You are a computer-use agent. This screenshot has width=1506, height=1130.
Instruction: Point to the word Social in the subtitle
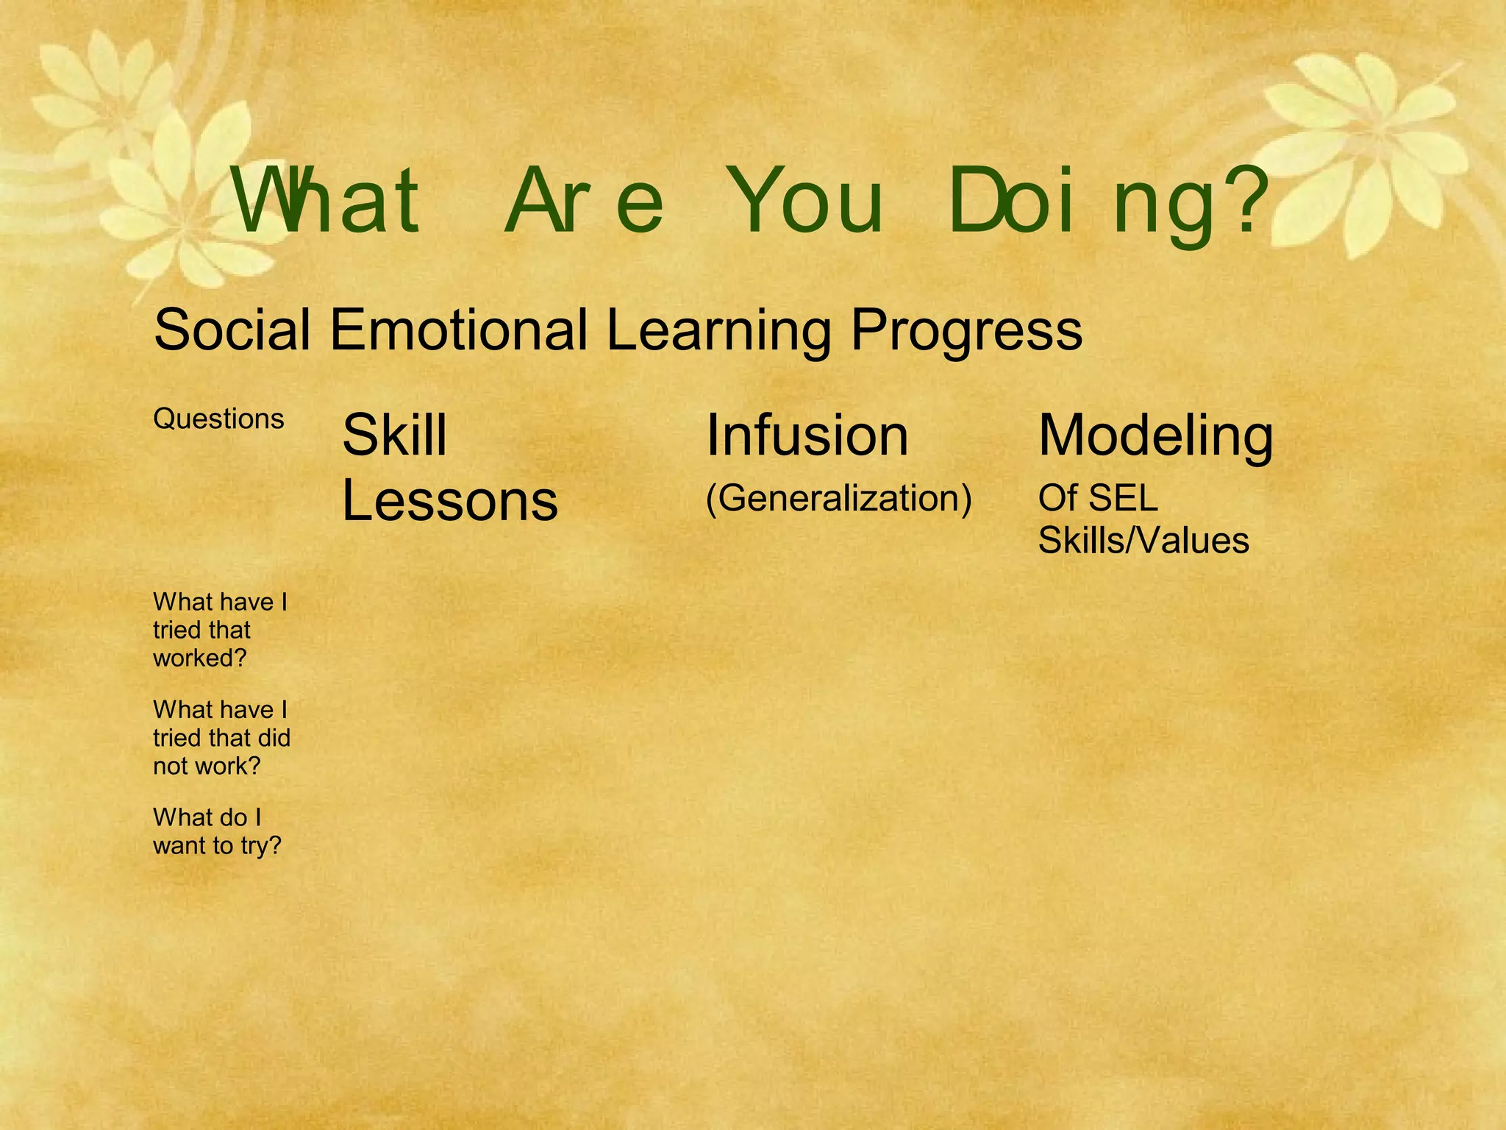232,330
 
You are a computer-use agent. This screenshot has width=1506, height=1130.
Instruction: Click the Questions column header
218,419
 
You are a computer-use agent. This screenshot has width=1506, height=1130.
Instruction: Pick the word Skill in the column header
394,435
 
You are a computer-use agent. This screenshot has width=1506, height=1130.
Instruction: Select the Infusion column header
807,435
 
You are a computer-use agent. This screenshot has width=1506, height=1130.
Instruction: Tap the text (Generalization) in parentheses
838,498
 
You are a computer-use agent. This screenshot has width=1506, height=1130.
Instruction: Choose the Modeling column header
1155,435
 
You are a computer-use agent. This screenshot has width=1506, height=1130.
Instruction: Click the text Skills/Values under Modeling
1143,541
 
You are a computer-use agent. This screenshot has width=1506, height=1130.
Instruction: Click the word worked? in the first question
200,658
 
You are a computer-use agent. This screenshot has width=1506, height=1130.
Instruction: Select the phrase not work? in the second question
207,767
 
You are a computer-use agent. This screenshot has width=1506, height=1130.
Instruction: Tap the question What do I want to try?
217,831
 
